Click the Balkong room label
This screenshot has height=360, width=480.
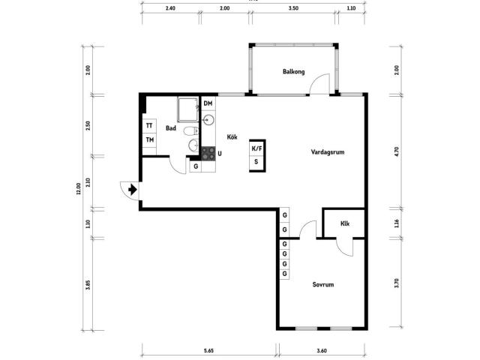[293, 72]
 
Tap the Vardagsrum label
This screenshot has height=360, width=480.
[328, 151]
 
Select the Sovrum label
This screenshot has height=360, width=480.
[323, 284]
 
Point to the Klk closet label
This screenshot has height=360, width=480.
[345, 223]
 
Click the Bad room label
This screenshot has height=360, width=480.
[171, 128]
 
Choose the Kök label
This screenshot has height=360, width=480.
[232, 136]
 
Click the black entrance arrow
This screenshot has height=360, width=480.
[132, 190]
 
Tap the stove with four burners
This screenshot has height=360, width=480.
[208, 154]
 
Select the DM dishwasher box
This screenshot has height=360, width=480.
[208, 103]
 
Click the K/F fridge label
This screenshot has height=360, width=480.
[256, 148]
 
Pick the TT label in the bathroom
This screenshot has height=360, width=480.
[149, 126]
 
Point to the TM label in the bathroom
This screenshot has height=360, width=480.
[150, 140]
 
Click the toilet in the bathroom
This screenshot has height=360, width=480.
[191, 131]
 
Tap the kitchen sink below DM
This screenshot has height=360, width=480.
[208, 120]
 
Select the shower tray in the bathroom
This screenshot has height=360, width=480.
[188, 109]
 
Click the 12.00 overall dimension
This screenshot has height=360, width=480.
[78, 188]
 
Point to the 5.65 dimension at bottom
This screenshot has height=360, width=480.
[208, 351]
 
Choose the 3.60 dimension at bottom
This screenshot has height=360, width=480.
[322, 351]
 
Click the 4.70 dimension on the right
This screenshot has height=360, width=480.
[397, 151]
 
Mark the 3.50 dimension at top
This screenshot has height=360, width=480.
[293, 8]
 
